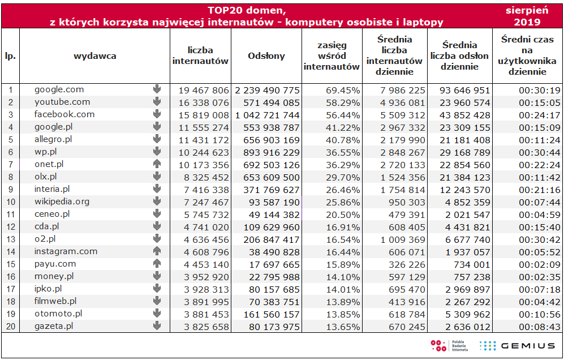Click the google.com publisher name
pyautogui.click(x=59, y=89)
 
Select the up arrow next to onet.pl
pyautogui.click(x=157, y=164)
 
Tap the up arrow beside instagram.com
pyautogui.click(x=157, y=251)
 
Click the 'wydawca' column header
pyautogui.click(x=94, y=56)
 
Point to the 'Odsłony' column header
pyautogui.click(x=266, y=56)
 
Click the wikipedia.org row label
pyautogui.click(x=62, y=202)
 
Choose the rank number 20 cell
pyautogui.click(x=10, y=326)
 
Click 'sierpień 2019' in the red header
pyautogui.click(x=527, y=16)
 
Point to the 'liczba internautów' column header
pyautogui.click(x=200, y=56)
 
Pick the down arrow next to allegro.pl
pyautogui.click(x=157, y=139)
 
